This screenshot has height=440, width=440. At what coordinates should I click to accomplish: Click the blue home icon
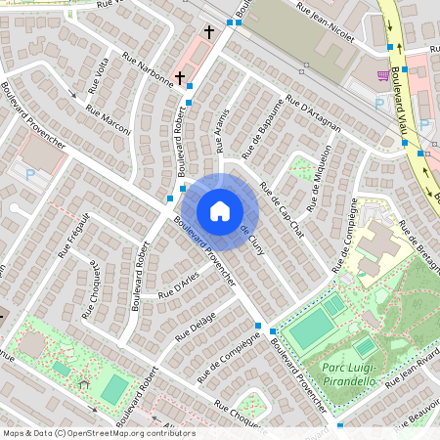pos(220,210)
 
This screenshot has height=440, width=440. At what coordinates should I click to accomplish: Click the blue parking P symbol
pos(31,174)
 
